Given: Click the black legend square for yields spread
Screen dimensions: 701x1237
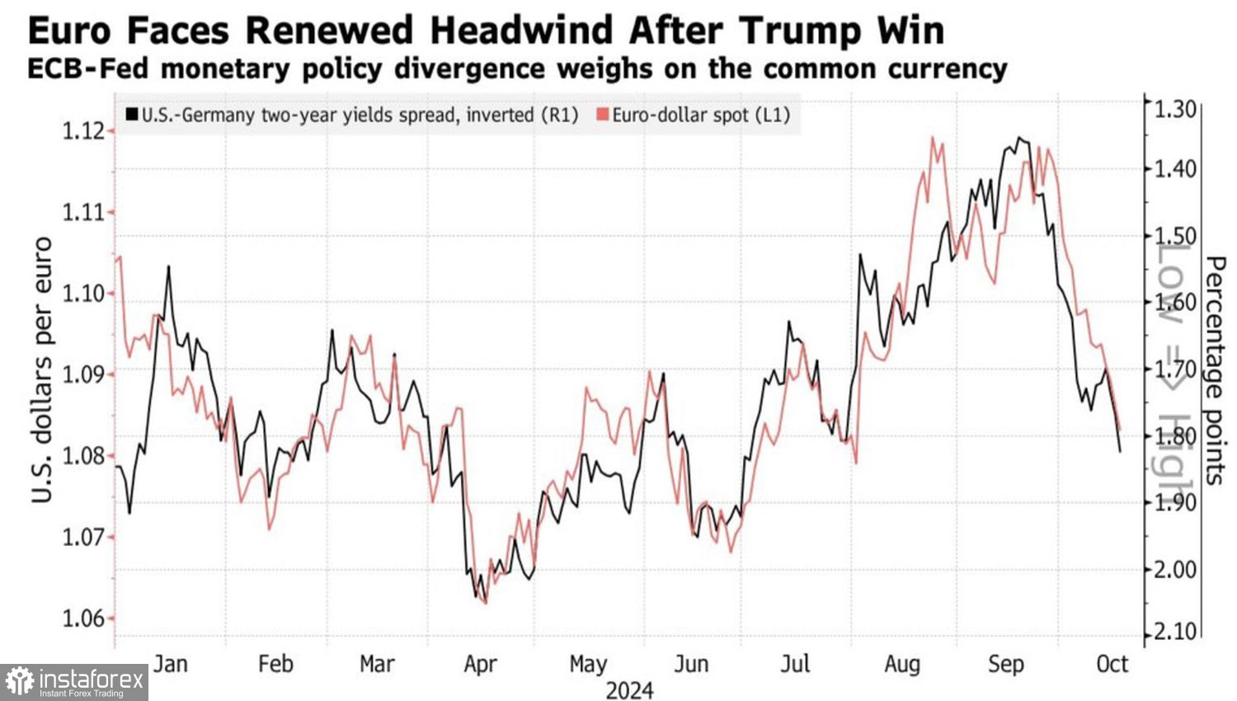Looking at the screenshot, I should pos(132,115).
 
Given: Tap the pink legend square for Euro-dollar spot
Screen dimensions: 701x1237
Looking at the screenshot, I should pos(602,115).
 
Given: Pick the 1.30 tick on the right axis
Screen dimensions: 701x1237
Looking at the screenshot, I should pos(1174,108).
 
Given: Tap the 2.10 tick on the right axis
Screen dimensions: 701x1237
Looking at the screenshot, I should pos(1174,632).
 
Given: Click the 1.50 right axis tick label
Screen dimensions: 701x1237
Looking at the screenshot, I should pos(1174,236).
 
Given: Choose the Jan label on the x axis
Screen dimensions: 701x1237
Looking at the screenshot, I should pos(171,664).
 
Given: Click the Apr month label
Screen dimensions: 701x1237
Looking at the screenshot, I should pos(481,664).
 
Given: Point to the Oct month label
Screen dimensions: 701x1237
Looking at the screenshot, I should pos(1112,664).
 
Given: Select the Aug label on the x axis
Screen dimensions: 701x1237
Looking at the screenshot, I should pos(901,664).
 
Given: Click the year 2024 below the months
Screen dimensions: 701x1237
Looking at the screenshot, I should pos(629,690).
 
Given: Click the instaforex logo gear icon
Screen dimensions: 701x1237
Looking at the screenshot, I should pos(20,682).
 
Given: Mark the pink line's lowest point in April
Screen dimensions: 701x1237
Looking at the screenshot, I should pos(485,603).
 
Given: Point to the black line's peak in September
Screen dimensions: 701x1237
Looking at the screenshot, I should pos(1019,138).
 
